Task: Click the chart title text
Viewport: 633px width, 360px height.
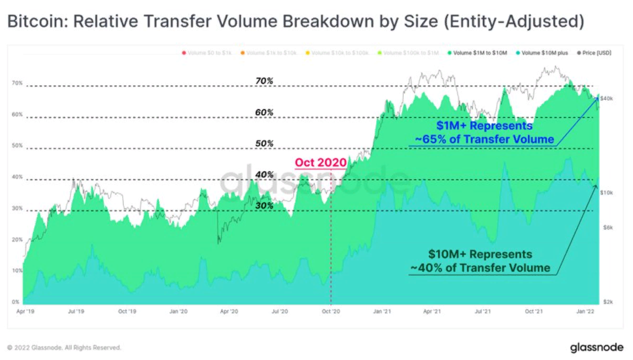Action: pos(296,22)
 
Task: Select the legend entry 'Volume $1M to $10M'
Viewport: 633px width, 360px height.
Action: pos(477,53)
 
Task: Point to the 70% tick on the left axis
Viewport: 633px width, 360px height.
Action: pos(17,83)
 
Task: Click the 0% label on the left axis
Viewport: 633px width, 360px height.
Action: pos(16,302)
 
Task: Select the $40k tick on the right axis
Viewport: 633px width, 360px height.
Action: pos(606,99)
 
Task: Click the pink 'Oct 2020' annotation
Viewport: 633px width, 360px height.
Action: pos(321,163)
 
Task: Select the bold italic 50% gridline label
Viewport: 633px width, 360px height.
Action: pos(264,144)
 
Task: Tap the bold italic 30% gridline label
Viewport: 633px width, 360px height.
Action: pos(264,206)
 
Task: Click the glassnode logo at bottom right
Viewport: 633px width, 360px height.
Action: pos(596,347)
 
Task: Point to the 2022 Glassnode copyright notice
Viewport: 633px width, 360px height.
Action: pos(64,348)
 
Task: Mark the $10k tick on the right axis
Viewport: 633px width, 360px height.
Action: pos(606,193)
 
